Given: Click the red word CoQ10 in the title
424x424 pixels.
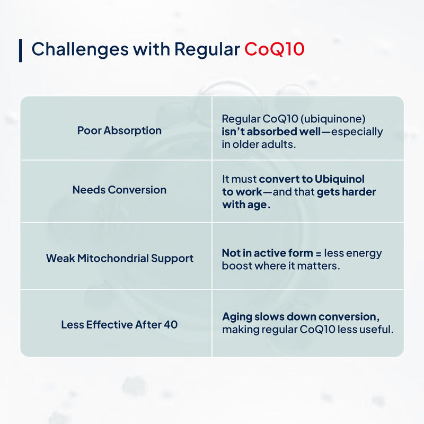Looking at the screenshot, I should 274,49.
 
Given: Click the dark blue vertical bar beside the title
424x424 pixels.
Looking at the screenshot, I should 21,50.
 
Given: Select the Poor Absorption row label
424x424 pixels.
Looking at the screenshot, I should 119,130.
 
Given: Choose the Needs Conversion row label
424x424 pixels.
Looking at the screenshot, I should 119,190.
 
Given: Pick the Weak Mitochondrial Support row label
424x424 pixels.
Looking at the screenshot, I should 119,259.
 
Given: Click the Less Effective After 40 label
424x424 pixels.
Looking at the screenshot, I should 119,324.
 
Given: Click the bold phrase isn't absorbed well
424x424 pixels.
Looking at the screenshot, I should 269,131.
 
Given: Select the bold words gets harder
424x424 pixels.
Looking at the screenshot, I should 347,192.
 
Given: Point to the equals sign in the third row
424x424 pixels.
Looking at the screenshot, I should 316,253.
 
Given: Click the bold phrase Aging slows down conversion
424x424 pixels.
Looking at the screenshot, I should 300,316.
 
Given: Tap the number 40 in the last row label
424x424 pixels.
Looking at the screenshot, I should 171,324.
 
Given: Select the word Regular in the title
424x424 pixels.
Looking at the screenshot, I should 207,49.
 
